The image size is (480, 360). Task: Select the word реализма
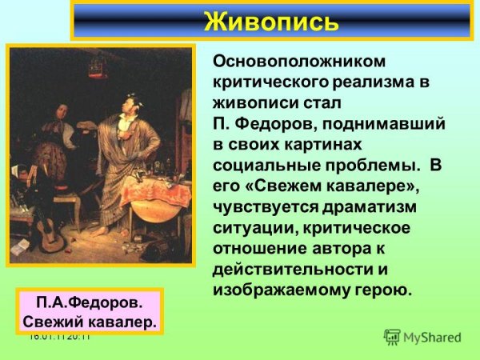pyautogui.click(x=370, y=82)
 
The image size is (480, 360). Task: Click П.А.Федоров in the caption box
pyautogui.click(x=88, y=305)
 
